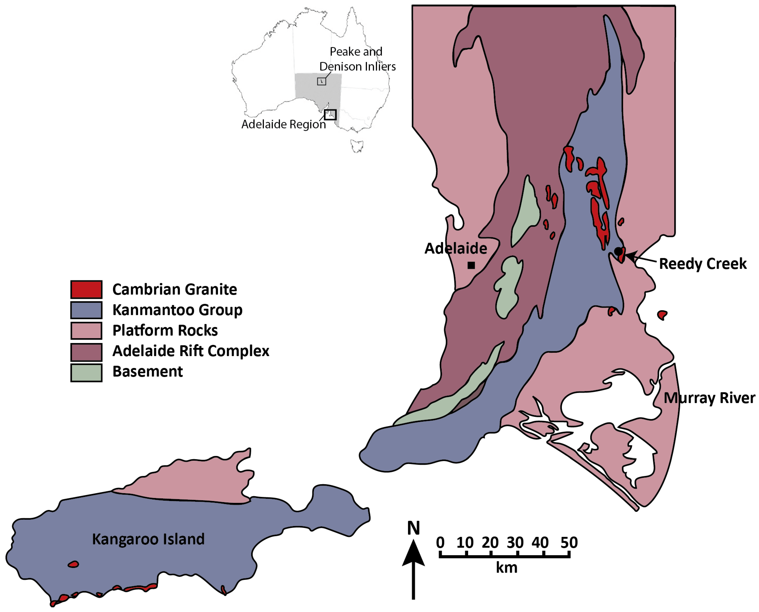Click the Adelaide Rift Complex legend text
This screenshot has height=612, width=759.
tap(190, 351)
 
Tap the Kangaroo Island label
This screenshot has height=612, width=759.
tap(148, 539)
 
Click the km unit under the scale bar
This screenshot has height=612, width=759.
tap(506, 568)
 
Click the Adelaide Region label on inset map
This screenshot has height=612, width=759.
tap(283, 124)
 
